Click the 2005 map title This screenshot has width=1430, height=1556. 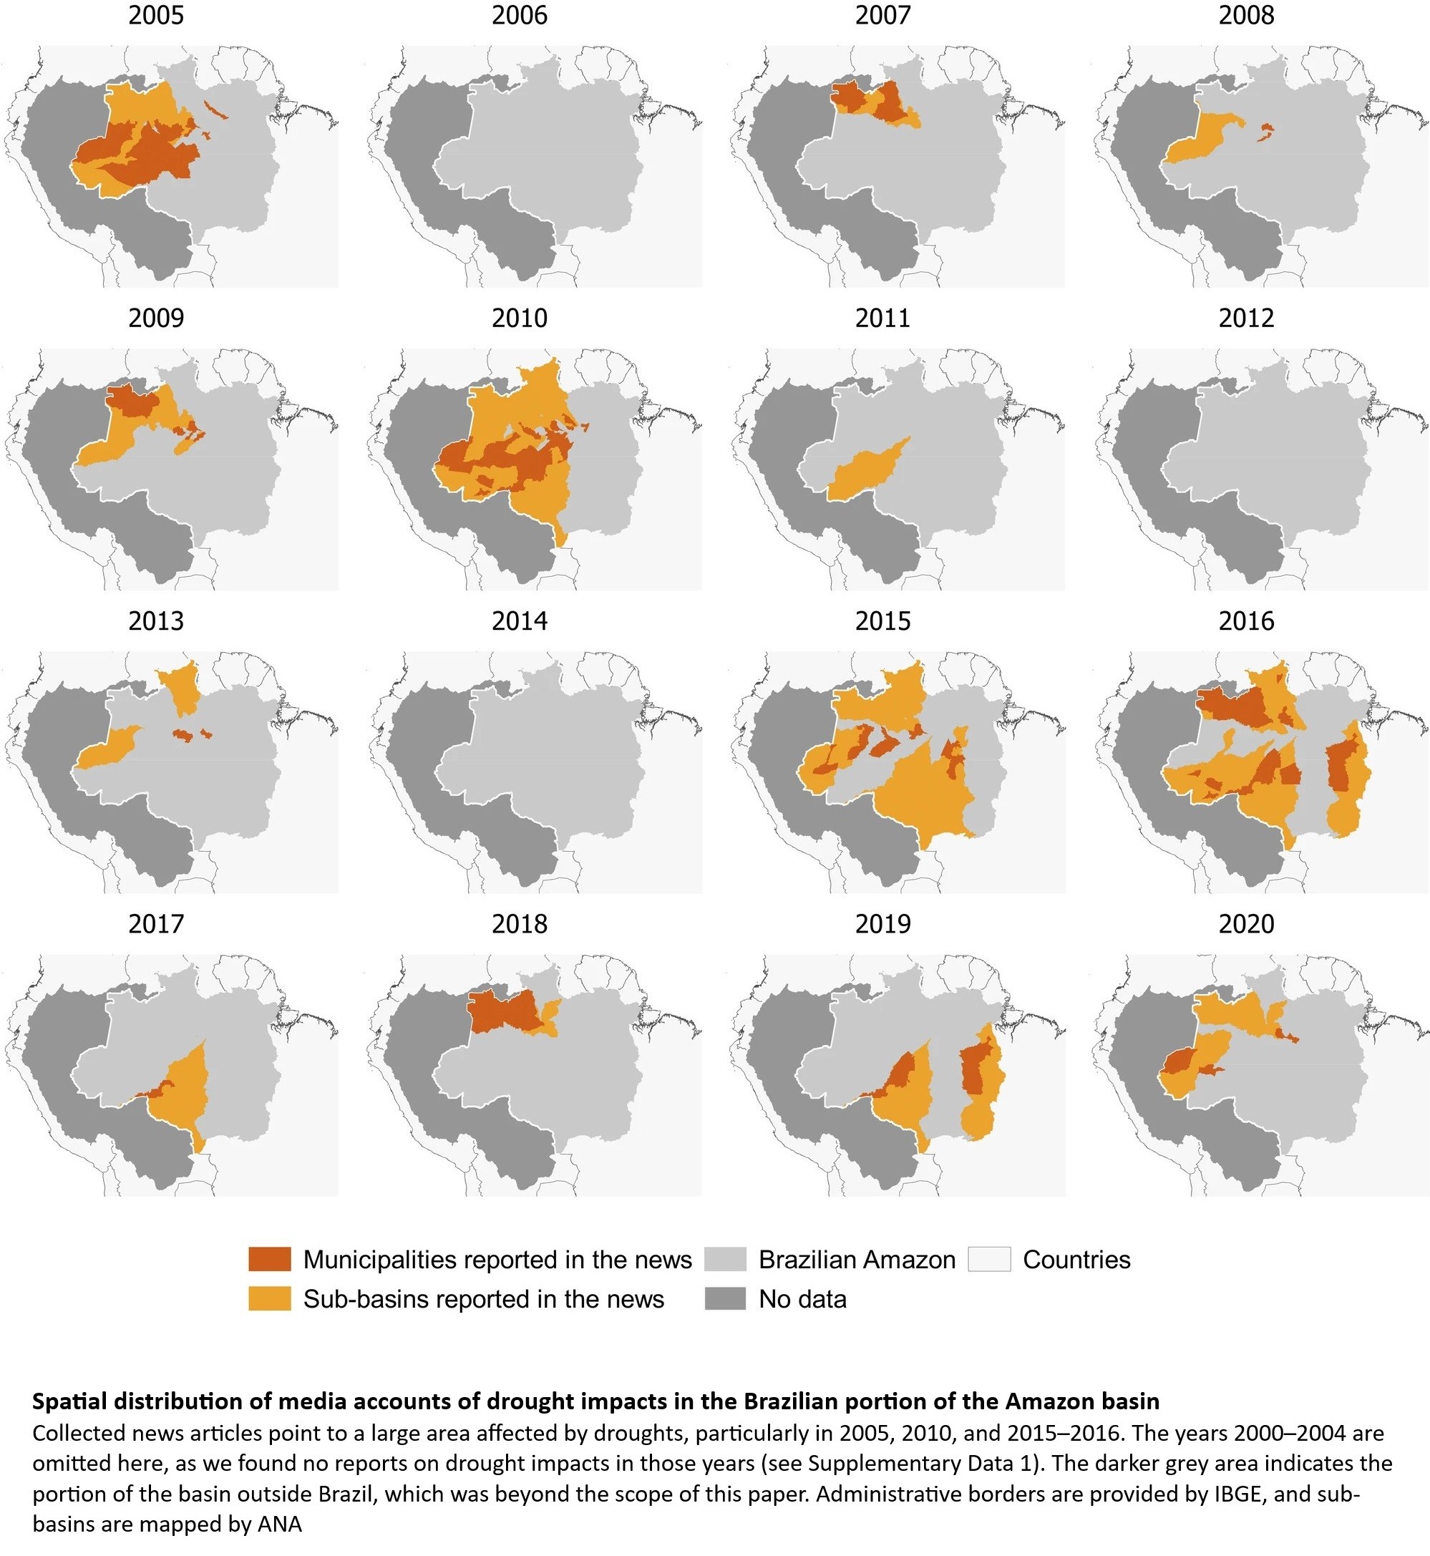coord(155,16)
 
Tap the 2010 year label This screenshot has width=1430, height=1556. coord(519,318)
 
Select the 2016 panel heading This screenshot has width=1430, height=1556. coord(1246,621)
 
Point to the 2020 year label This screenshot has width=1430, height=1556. coord(1246,924)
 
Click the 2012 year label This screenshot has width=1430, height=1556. coord(1246,318)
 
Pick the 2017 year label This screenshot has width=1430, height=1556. coord(155,924)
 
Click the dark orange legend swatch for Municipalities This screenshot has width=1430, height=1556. coord(269,1260)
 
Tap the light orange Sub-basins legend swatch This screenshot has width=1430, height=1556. coord(269,1299)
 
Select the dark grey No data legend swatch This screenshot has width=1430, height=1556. coord(725,1299)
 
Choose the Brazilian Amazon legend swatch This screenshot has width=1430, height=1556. coord(725,1260)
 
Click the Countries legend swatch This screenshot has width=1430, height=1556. coord(989,1260)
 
